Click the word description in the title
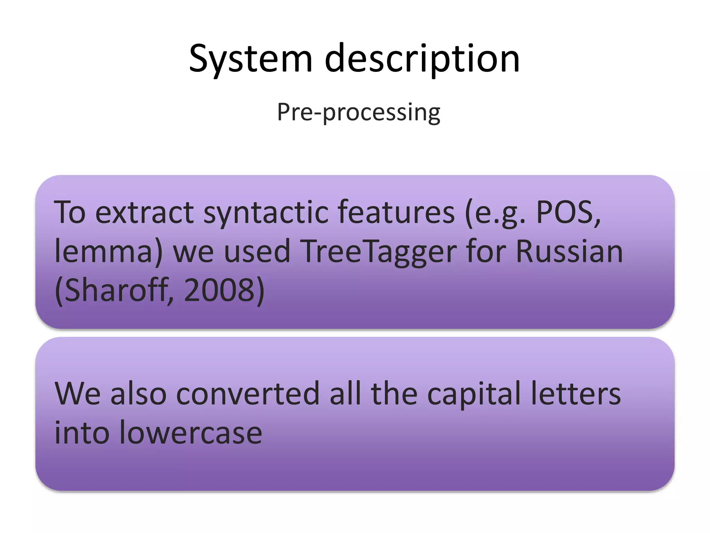(422, 59)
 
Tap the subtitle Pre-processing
(358, 112)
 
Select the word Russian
(569, 251)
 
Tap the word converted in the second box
(248, 394)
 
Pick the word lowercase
(191, 433)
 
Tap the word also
(138, 394)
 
